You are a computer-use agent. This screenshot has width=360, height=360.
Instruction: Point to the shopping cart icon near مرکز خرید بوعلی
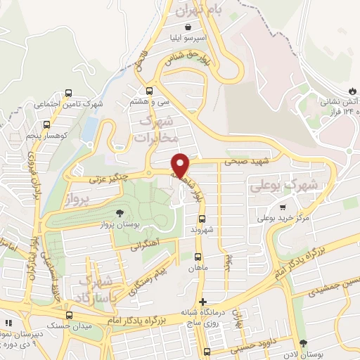(283, 207)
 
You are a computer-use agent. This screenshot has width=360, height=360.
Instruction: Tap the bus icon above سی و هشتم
(148, 90)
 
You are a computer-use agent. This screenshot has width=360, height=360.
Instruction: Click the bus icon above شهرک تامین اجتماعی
(68, 93)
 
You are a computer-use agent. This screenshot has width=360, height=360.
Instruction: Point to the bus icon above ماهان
(198, 256)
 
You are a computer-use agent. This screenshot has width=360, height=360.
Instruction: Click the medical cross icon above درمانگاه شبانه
(202, 302)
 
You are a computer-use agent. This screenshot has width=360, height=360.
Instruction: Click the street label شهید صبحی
(242, 161)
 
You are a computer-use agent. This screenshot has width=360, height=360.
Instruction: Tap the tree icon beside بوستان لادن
(302, 344)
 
